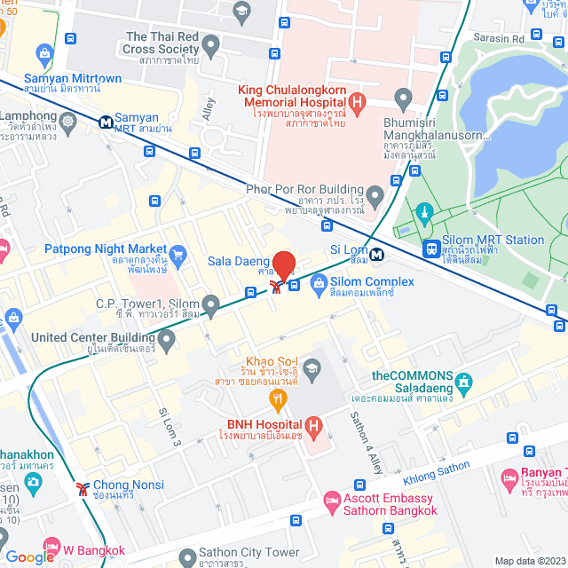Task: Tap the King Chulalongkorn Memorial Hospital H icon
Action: pos(358,103)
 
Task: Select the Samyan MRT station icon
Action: pos(106,121)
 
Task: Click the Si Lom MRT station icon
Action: pos(377,254)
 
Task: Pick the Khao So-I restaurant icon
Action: pos(279,398)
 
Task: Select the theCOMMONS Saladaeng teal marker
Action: pos(462,384)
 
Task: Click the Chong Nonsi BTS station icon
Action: pos(82,487)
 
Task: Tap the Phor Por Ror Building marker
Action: pos(375,194)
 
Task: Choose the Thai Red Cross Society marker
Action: pos(210,44)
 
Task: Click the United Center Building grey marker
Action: pos(166,339)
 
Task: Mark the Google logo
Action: pos(29,556)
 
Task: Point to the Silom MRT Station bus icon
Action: pos(430,249)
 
